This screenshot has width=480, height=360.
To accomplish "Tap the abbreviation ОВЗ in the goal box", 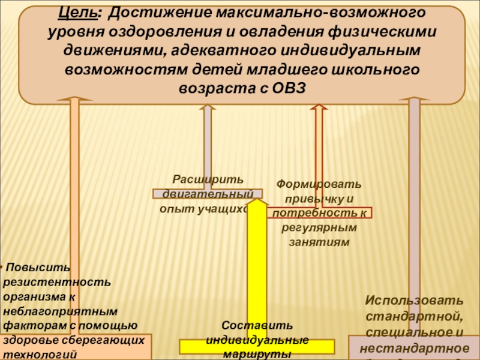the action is pyautogui.click(x=286, y=87).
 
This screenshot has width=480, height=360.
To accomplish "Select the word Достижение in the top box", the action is pyautogui.click(x=160, y=13).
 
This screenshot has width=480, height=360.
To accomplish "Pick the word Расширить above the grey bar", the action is pyautogui.click(x=208, y=180).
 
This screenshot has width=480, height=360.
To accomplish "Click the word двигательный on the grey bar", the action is pyautogui.click(x=207, y=194).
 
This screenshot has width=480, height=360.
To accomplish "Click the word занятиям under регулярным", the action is pyautogui.click(x=319, y=242).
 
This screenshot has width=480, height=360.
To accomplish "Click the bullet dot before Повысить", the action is pyautogui.click(x=2, y=267).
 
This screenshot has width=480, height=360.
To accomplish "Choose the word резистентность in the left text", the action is pyautogui.click(x=57, y=281).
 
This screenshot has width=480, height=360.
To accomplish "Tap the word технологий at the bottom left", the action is pyautogui.click(x=40, y=354).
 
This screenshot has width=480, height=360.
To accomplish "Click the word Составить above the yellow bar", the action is pyautogui.click(x=257, y=326).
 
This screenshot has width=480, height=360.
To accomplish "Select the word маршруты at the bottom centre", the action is pyautogui.click(x=257, y=354).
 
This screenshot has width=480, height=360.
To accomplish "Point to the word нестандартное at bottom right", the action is pyautogui.click(x=415, y=347).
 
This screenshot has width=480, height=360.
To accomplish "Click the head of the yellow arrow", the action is pyautogui.click(x=257, y=203).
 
